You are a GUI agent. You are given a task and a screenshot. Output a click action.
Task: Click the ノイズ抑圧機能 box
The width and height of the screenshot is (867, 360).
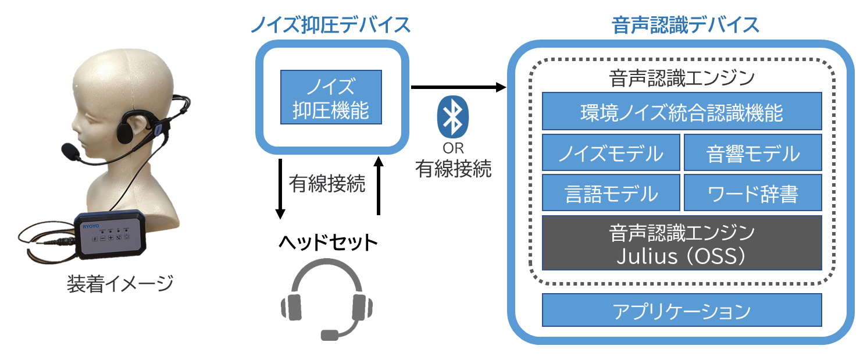(x=331, y=97)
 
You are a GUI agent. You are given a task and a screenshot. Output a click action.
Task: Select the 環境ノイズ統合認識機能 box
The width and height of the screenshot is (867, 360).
(x=682, y=111)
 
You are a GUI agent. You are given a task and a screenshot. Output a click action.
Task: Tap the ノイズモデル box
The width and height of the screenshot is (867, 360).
(x=611, y=154)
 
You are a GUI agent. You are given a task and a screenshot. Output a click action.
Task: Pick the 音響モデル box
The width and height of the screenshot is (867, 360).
(x=752, y=154)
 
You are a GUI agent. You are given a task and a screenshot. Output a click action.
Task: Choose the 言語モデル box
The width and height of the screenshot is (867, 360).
(x=611, y=193)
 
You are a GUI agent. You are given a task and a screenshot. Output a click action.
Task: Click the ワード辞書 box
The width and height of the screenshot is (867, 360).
(x=752, y=193)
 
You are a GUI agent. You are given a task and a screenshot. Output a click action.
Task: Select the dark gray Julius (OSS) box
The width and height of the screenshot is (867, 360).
(x=682, y=243)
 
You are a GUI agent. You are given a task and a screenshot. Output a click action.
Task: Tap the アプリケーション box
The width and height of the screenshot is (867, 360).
(x=682, y=311)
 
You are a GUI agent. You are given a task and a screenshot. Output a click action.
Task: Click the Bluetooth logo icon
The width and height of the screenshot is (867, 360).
(x=452, y=115)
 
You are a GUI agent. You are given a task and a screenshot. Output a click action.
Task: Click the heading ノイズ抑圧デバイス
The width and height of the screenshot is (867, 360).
(x=330, y=24)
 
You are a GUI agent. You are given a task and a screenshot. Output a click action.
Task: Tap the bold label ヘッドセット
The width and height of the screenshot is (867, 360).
(x=326, y=242)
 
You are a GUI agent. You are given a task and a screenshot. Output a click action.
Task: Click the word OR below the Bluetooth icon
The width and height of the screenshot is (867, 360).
(x=453, y=148)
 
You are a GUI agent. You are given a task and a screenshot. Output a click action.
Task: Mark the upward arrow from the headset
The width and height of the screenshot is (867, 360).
(x=379, y=186)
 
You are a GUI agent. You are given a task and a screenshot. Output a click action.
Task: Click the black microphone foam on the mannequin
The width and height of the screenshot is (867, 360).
(x=70, y=151)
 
